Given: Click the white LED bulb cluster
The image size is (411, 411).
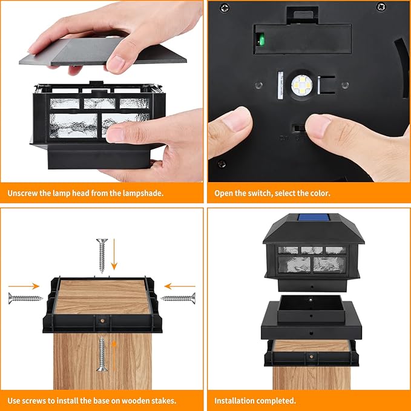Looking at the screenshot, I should [x=298, y=85].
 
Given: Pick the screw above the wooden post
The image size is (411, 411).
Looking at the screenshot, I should [x=101, y=255].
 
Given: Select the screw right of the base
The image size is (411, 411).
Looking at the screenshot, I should [x=179, y=297].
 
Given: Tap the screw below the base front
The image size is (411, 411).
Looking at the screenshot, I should [x=102, y=355].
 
